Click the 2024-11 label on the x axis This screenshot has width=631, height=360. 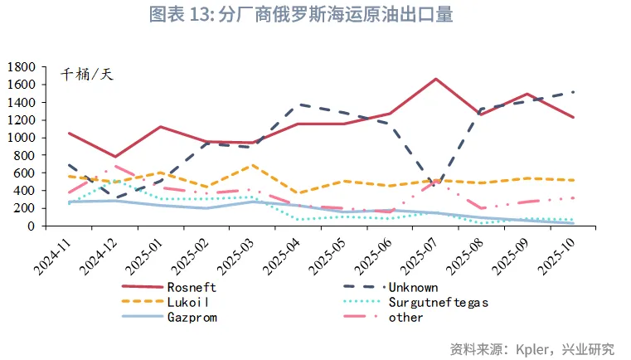tap(55, 254)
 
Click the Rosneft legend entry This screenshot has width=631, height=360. tap(191, 287)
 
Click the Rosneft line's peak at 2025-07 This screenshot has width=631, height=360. tap(436, 79)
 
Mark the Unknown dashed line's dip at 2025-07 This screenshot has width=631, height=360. tap(436, 184)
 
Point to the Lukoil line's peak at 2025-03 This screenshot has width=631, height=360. tap(253, 165)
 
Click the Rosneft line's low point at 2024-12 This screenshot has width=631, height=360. tap(115, 157)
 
